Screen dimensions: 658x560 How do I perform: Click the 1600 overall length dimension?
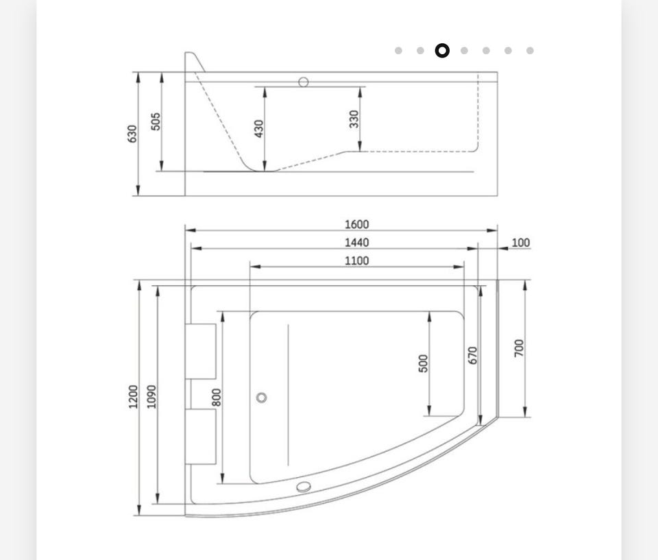tap(356, 225)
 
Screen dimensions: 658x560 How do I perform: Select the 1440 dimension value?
tap(356, 243)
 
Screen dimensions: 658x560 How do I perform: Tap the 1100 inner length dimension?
tap(356, 260)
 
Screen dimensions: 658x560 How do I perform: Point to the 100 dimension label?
tap(521, 243)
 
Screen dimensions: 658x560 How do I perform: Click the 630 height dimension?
tap(132, 134)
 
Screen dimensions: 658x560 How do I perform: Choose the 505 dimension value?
tap(156, 121)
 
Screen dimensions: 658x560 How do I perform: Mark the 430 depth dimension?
tap(259, 128)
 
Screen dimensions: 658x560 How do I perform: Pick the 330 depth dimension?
tap(354, 119)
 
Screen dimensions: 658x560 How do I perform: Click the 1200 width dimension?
tap(133, 396)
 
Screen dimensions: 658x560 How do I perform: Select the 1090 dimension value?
tap(151, 396)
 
